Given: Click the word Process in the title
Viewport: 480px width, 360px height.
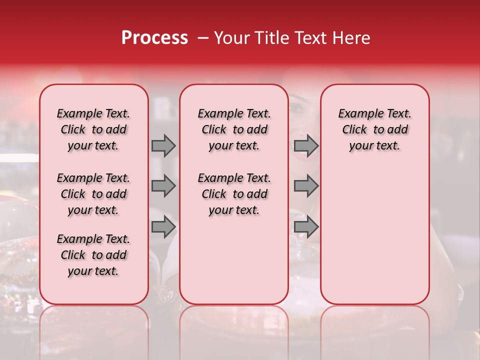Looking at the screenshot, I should (154, 38).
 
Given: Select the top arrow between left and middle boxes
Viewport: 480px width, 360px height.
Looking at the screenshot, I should (163, 145).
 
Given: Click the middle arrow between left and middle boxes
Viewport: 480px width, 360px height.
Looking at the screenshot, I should (163, 186).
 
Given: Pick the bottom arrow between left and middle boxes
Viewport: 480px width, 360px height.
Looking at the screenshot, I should (163, 227).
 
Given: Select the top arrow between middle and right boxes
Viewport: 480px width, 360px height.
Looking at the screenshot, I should (305, 145).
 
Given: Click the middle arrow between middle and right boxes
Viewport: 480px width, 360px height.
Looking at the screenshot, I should (305, 186).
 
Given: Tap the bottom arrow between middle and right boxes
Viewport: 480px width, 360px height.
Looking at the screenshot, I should (305, 227).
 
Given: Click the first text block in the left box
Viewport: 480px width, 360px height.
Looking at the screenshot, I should (93, 129).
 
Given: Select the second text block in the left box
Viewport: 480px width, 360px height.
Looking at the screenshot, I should (93, 194).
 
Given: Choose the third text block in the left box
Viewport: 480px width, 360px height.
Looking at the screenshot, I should (93, 255).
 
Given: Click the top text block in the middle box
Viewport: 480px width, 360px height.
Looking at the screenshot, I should (234, 129).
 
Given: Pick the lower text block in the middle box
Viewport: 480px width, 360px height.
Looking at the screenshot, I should (234, 194).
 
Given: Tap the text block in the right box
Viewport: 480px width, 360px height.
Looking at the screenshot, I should (375, 129).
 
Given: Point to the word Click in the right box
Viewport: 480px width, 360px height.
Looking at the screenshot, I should (354, 129).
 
